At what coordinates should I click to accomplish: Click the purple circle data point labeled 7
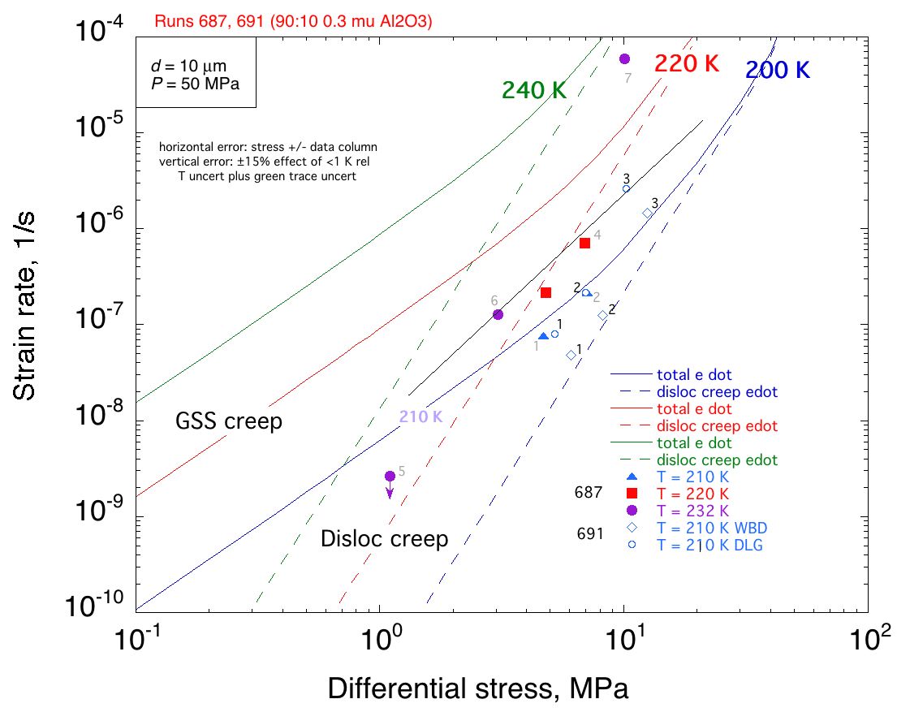624,58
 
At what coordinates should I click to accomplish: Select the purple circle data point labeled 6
498,314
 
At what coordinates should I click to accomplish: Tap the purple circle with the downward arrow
390,476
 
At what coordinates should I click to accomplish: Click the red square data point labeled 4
584,243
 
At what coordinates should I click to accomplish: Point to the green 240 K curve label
534,91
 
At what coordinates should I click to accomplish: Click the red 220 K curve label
688,64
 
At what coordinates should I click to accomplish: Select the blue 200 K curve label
778,71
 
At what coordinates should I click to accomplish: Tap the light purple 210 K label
420,417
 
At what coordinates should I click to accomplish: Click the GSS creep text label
229,422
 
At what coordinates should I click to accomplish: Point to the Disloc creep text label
385,538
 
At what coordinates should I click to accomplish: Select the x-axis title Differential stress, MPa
478,688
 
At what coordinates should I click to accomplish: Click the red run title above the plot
292,22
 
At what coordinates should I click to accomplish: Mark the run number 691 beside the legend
589,533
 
